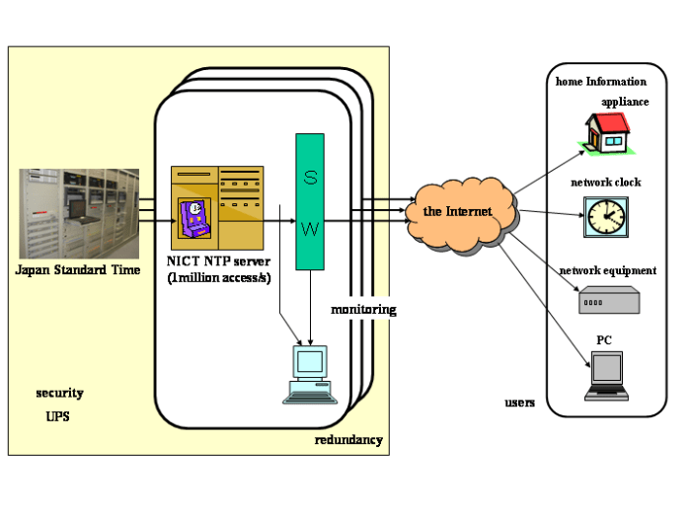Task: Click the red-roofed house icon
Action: pyautogui.click(x=607, y=133)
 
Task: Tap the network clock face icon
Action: pyautogui.click(x=605, y=216)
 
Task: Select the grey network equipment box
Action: pyautogui.click(x=607, y=300)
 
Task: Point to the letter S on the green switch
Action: pyautogui.click(x=310, y=179)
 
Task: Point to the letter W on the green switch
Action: pyautogui.click(x=310, y=230)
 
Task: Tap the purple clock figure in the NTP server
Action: pyautogui.click(x=193, y=219)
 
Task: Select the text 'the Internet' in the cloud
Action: pyautogui.click(x=457, y=211)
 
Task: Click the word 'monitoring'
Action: pyautogui.click(x=363, y=309)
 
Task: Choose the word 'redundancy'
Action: pyautogui.click(x=348, y=440)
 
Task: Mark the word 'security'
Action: pyautogui.click(x=60, y=393)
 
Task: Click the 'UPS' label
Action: pyautogui.click(x=58, y=416)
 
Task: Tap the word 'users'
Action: pyautogui.click(x=520, y=403)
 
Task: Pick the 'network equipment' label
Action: pyautogui.click(x=607, y=270)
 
